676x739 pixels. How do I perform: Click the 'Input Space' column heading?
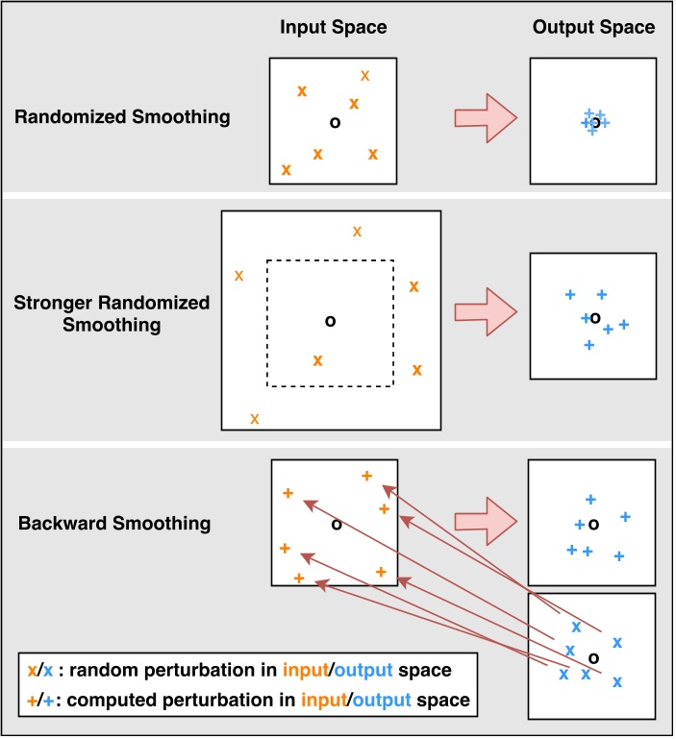pos(334,27)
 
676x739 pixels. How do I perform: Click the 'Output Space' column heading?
pos(593,27)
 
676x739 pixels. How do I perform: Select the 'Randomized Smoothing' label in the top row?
pos(122,117)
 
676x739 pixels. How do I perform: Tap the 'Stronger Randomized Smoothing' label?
pos(112,314)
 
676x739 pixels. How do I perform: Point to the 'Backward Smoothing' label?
pos(114,524)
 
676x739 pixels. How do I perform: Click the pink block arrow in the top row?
pos(486,118)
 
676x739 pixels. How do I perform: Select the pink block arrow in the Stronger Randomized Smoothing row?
pos(486,312)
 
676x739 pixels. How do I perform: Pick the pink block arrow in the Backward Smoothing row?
pos(486,521)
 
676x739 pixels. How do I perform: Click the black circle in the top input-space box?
pos(335,123)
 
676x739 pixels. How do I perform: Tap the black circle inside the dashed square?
pos(330,321)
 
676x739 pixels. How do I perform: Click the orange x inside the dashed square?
pos(317,360)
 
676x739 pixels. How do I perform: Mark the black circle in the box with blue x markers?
pos(593,658)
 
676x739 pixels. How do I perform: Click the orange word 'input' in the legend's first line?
pos(305,670)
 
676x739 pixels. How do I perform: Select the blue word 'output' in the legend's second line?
pos(382,701)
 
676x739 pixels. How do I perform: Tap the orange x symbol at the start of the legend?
pos(32,671)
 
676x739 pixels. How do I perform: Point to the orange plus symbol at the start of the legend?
pos(32,702)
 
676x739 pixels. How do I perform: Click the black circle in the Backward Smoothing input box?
pos(337,524)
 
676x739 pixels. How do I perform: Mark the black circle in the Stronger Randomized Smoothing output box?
pos(595,319)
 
